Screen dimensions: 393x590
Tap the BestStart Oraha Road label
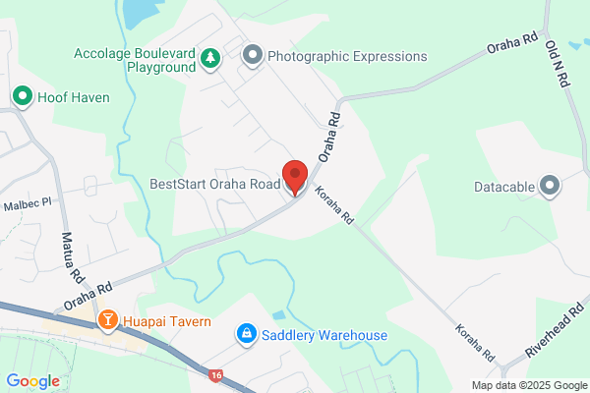coord(213,184)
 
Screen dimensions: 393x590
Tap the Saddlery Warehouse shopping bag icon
coord(245,335)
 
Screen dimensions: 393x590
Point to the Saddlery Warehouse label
coord(324,335)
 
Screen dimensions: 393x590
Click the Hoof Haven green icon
coord(22,96)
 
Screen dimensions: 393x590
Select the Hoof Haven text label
coord(74,97)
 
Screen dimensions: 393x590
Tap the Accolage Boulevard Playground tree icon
coord(209,59)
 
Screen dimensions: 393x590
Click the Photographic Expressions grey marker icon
coord(252,55)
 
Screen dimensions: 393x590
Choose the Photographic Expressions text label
coord(347,56)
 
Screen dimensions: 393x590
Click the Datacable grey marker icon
coord(549,185)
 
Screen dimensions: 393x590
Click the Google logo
coord(32,381)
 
